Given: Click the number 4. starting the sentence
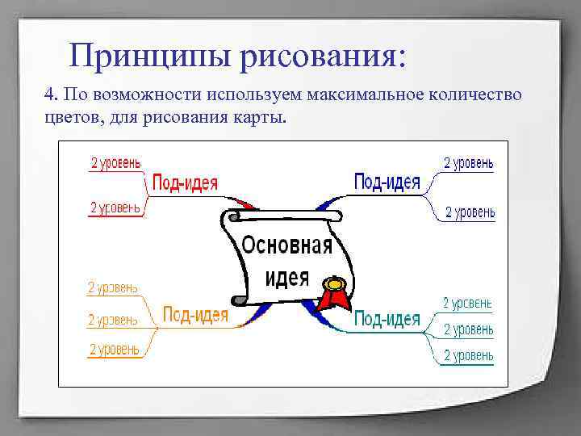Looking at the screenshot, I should (51, 95).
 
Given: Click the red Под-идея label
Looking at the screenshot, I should (185, 182).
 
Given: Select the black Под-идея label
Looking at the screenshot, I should (387, 182).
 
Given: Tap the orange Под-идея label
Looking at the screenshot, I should (195, 314).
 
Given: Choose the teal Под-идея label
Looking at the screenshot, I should (387, 319).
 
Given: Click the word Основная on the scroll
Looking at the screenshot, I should (287, 245).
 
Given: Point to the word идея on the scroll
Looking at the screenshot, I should (287, 276).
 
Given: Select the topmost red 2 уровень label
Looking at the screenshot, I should (115, 163).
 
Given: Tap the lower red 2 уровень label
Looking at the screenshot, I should (115, 208).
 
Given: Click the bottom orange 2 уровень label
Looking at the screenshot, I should (113, 349).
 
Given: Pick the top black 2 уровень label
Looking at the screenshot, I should (469, 163).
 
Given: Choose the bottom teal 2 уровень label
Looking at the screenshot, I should (468, 355).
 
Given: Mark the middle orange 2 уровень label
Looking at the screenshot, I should (113, 320).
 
